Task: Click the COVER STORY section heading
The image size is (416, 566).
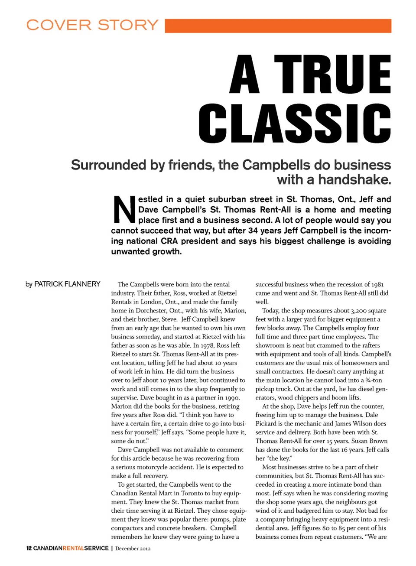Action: coord(92,25)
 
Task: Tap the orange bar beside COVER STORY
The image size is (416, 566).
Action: coord(278,26)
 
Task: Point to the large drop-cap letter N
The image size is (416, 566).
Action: coord(124,210)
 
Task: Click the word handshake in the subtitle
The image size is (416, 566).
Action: coord(355,179)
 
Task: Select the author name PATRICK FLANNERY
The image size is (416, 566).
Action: coord(67,284)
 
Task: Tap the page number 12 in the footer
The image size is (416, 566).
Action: coord(29,548)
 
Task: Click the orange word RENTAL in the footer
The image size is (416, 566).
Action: coord(73,548)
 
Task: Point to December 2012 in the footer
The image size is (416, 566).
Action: coord(133,548)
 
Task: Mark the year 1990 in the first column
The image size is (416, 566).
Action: coord(232,397)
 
